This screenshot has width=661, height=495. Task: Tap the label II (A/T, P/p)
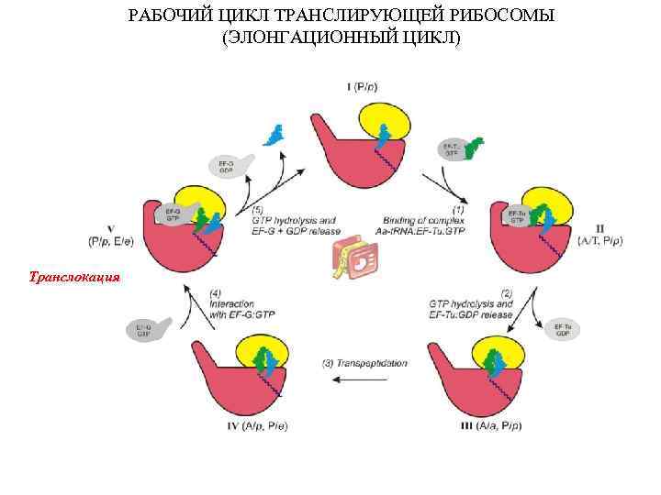tap(599, 235)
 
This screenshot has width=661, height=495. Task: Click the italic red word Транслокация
tap(74, 275)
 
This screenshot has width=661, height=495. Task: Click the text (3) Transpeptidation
tap(364, 364)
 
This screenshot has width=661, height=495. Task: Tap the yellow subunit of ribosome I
tap(384, 119)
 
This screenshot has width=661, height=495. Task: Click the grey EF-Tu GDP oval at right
tap(562, 330)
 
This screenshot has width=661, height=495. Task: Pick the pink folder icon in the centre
tap(353, 261)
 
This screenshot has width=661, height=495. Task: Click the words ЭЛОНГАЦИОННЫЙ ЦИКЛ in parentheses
tap(342, 38)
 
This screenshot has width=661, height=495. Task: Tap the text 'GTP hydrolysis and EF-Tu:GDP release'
tap(470, 309)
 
